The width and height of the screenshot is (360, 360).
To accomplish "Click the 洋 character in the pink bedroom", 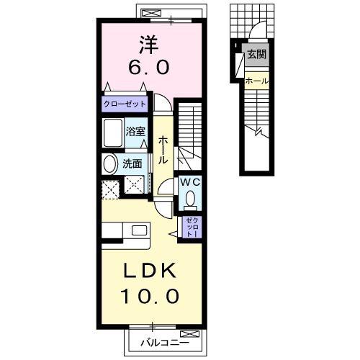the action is point(149,45).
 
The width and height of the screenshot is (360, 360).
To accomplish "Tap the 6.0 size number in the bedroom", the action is point(149,68).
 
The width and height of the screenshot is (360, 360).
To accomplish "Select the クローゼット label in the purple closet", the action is point(125,104).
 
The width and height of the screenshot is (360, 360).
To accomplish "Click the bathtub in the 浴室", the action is point(113,132).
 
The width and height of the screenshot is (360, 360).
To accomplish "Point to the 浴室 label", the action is point(135,132).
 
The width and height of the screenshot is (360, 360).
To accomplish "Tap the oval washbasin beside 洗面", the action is point(109,164).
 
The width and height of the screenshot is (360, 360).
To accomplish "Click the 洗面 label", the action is point(132,164).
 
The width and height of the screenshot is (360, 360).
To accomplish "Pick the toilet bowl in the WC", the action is point(191,199).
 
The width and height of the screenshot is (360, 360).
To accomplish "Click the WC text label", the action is point(190,183).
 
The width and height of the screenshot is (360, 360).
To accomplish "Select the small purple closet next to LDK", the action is point(192,227).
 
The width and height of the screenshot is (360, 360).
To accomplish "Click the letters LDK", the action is point(149,271).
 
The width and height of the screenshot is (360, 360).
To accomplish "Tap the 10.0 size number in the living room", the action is point(150,296).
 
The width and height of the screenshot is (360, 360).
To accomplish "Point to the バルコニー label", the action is point(165,343).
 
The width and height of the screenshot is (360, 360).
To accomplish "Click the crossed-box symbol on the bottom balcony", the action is point(189,334).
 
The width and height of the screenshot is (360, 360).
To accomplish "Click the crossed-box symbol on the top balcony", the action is point(151,13).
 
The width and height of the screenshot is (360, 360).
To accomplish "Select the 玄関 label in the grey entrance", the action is point(257,55).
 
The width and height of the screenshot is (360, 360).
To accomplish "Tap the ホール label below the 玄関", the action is point(257,81).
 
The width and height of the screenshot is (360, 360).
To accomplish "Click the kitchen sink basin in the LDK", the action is point(139,230).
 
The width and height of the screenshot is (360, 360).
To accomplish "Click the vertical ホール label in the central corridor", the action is point(163,150).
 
